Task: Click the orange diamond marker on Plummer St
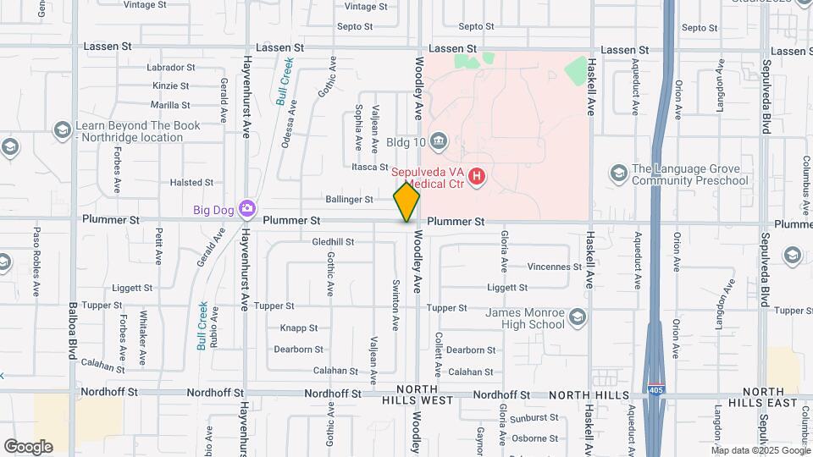(406, 201)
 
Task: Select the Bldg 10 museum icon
(438, 140)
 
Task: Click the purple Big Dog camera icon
(246, 208)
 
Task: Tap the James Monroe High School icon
(578, 317)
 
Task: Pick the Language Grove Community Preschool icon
(618, 173)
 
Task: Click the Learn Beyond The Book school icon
(62, 130)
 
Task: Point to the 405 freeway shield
(655, 390)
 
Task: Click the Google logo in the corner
(28, 446)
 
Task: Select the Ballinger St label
(349, 200)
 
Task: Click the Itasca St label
(370, 168)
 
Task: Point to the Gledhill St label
(333, 242)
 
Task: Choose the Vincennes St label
(554, 267)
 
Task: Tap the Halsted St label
(191, 182)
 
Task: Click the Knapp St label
(298, 328)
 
